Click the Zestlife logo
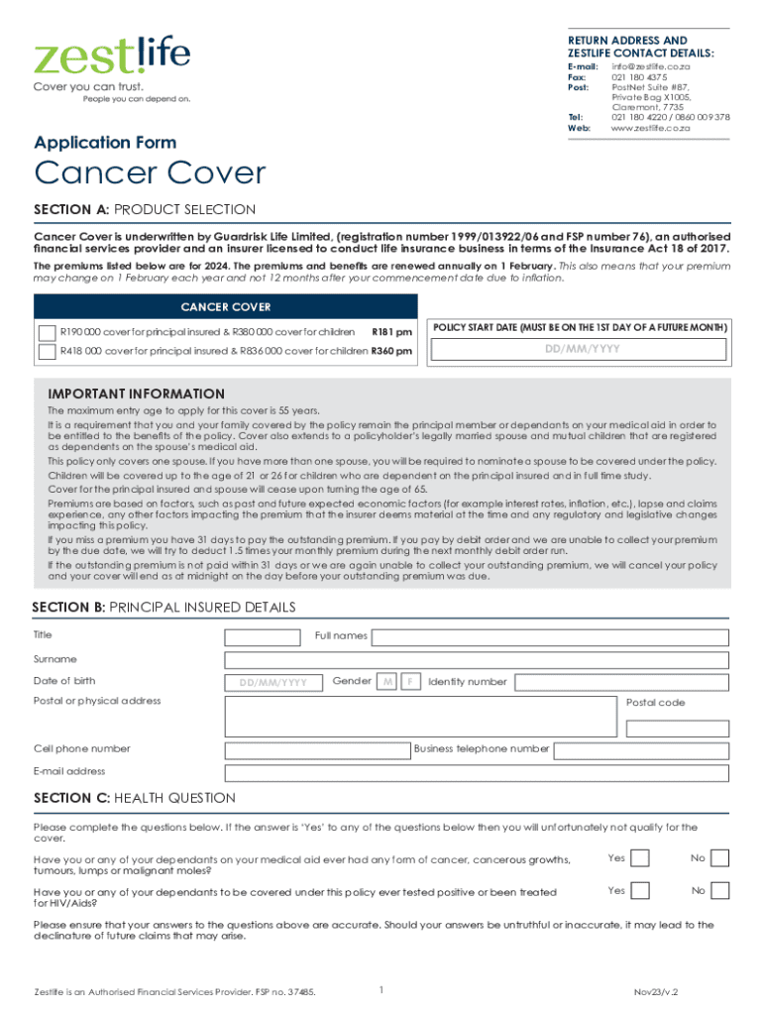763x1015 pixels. (x=112, y=56)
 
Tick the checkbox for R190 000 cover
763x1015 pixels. (x=47, y=331)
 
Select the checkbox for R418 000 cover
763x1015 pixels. (x=47, y=351)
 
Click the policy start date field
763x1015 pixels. (x=582, y=350)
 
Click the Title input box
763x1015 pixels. (x=263, y=636)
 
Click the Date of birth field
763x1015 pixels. (x=272, y=682)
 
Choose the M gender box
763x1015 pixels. (x=388, y=682)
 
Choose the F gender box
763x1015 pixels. (x=410, y=682)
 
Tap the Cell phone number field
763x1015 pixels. (x=317, y=750)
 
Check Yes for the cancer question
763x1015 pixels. (x=640, y=858)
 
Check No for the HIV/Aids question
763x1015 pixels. (x=720, y=891)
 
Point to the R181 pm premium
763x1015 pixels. (x=391, y=331)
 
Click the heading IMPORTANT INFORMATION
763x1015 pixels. (x=137, y=394)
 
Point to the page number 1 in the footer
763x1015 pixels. (x=381, y=989)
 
